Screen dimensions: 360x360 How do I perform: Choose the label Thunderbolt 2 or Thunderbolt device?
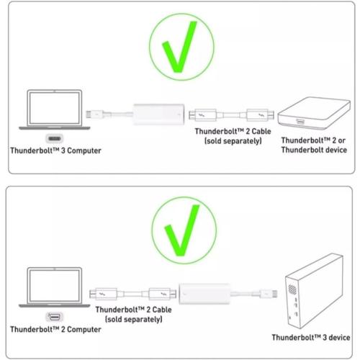click(x=314, y=145)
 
